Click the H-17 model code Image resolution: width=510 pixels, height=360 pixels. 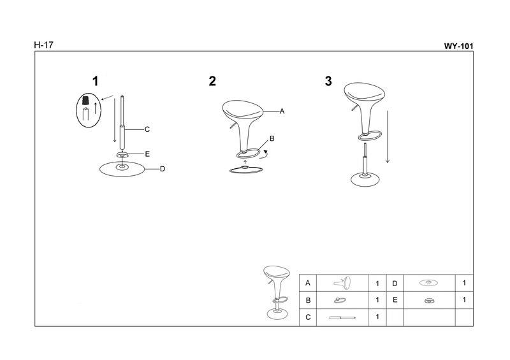pos(43,45)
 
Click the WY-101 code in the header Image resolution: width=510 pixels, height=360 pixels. pos(458,46)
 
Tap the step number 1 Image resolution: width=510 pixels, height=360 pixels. pos(95,82)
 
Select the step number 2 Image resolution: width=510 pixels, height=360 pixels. pos(212,82)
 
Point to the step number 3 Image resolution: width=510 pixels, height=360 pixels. pos(328,82)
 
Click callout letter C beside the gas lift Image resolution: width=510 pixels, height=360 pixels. pos(147,129)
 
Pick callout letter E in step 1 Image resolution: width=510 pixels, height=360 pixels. pos(147,154)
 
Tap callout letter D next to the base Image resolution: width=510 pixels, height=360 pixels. pos(163,169)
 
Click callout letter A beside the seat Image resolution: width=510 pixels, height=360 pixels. pos(282,112)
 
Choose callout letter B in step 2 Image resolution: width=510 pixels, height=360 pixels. pos(272,138)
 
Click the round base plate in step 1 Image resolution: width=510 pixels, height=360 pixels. pos(122,169)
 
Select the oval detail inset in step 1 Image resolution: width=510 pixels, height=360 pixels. pos(89,111)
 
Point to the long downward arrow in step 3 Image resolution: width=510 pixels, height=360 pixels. pos(388,136)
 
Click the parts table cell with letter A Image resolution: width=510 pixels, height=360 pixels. pos(308,283)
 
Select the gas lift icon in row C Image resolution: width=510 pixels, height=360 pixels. pos(342,317)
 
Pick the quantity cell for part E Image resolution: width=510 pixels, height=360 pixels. pos(464,300)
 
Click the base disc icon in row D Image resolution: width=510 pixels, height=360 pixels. pos(428,283)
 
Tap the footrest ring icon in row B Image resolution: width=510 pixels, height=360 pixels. pos(340,300)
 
